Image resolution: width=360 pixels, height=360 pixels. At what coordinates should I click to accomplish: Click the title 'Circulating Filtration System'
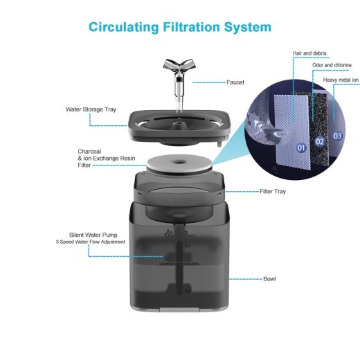click(x=179, y=27)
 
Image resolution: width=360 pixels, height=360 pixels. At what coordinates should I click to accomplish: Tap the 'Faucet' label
click(x=235, y=82)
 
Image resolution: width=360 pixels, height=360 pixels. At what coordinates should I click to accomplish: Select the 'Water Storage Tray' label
click(x=91, y=109)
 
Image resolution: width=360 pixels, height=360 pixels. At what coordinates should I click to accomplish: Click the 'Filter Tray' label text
click(x=272, y=190)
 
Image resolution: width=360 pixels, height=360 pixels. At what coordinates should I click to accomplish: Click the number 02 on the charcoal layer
click(x=319, y=141)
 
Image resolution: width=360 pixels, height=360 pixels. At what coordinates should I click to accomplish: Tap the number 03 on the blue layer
click(x=337, y=136)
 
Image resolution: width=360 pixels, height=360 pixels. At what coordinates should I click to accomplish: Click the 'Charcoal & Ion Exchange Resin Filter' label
click(x=98, y=158)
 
